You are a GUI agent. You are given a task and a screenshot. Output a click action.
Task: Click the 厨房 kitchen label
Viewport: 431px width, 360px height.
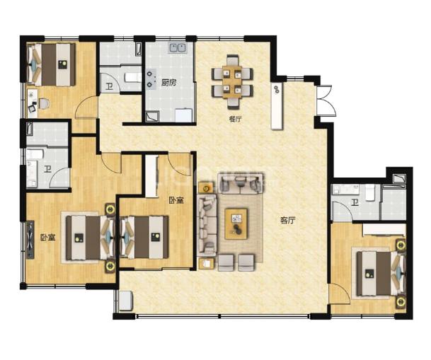tap(168, 82)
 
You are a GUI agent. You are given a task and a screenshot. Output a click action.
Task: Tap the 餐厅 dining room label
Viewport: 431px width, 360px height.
tap(235, 120)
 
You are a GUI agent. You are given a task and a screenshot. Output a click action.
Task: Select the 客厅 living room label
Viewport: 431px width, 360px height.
tap(288, 220)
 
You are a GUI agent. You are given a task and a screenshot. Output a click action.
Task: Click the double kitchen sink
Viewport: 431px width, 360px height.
tap(178, 47)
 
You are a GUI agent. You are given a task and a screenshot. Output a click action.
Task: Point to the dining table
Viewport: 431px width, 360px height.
tap(232, 81)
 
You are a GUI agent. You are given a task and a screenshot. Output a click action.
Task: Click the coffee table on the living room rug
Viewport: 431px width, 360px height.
tap(236, 223)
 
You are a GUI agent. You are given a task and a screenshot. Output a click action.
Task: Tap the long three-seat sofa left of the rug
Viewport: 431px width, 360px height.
tap(207, 225)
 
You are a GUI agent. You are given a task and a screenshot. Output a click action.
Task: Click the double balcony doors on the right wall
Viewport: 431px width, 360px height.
tap(326, 100)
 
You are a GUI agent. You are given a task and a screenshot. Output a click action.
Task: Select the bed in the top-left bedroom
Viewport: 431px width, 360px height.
tap(52, 64)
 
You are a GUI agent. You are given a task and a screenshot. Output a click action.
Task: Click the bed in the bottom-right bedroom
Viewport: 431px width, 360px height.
tap(381, 274)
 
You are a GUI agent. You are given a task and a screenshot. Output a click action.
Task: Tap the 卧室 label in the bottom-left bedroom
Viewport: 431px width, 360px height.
tap(48, 237)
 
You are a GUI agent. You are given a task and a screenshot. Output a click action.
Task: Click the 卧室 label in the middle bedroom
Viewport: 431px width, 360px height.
tap(176, 200)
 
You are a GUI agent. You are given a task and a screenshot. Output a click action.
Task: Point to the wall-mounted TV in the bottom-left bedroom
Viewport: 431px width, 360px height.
tap(30, 240)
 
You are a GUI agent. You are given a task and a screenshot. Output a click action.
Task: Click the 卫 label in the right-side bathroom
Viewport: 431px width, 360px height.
tap(355, 203)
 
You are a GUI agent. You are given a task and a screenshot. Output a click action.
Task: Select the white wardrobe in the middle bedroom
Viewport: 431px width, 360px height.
tap(151, 176)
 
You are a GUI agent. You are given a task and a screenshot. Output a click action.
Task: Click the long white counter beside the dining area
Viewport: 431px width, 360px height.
tap(277, 105)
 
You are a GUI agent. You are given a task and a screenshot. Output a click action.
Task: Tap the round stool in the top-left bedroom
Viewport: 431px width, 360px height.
tap(44, 103)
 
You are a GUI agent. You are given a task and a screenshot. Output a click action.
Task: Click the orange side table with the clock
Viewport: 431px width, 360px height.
tap(206, 188)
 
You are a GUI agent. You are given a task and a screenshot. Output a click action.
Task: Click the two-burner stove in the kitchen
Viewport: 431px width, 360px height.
tap(150, 79)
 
